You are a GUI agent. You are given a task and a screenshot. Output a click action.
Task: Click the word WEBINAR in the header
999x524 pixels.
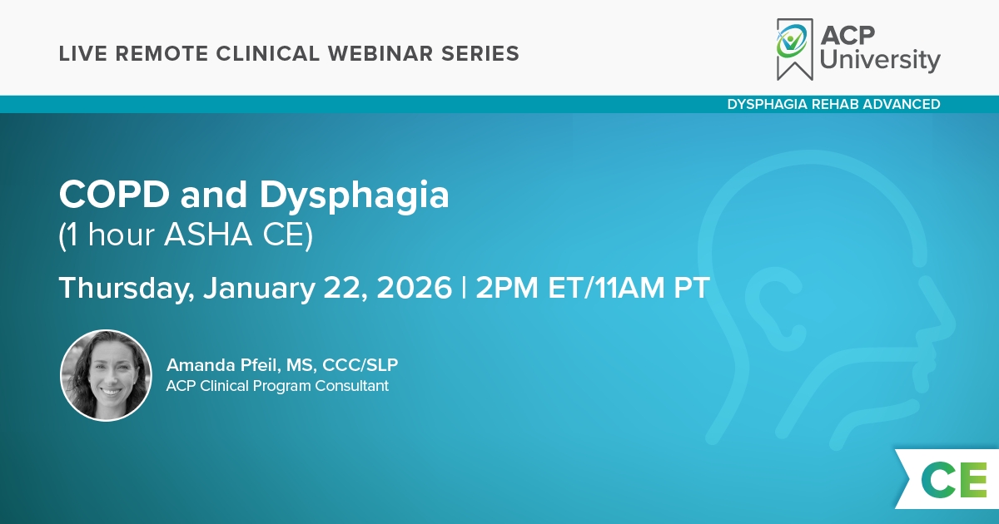(380, 53)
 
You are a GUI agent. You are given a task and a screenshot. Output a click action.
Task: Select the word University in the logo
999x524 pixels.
(880, 60)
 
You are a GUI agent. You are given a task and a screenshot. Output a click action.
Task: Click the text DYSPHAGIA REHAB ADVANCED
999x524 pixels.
(833, 104)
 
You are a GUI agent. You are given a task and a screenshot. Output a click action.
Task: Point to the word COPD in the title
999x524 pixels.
(114, 195)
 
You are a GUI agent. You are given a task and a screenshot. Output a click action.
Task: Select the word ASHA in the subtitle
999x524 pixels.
(208, 234)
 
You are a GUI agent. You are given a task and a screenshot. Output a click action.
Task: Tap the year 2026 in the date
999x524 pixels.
(414, 288)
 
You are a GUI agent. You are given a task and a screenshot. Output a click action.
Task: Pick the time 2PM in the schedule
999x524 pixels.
(507, 288)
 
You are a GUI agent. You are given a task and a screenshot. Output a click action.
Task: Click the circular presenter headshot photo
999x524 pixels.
(107, 375)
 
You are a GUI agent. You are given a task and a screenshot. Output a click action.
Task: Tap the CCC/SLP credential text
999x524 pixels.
(360, 365)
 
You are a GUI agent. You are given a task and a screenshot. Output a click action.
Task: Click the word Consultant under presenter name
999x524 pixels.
(352, 385)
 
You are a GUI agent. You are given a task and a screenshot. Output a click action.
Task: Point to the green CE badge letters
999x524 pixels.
(954, 480)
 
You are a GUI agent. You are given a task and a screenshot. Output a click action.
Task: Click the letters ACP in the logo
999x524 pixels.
(847, 35)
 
